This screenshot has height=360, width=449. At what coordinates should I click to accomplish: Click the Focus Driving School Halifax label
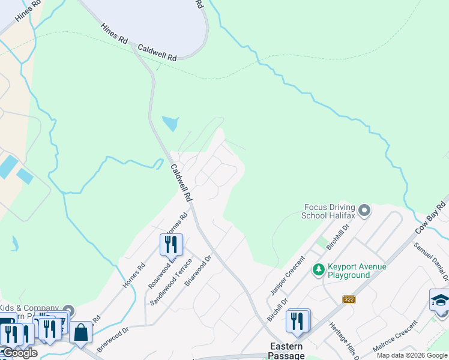[330, 211]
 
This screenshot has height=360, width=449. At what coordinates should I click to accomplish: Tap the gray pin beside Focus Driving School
[364, 211]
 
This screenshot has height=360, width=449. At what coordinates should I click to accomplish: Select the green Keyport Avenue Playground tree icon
[318, 271]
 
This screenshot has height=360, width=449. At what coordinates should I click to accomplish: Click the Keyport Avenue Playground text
[357, 271]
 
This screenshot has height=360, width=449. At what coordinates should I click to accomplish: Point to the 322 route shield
[349, 299]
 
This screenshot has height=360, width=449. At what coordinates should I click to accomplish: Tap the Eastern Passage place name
[286, 351]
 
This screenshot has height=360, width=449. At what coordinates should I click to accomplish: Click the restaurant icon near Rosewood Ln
[171, 244]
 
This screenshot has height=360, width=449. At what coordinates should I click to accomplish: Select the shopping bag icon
[81, 332]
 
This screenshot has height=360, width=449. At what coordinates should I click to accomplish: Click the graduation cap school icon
[440, 300]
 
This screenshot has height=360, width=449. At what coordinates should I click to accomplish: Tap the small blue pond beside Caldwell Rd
[170, 124]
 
